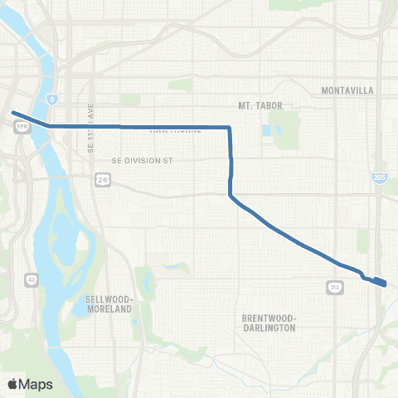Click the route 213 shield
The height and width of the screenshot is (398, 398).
tap(336, 288)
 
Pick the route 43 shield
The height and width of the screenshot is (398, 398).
tap(31, 279)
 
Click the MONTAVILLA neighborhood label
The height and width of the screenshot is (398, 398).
tap(347, 89)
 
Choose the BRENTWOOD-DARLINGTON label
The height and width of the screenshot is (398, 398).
tap(269, 323)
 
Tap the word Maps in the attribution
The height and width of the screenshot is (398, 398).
tap(37, 383)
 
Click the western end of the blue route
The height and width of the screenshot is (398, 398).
tap(12, 112)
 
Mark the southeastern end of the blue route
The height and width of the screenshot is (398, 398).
tap(384, 284)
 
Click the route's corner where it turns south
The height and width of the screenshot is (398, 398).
tap(229, 128)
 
